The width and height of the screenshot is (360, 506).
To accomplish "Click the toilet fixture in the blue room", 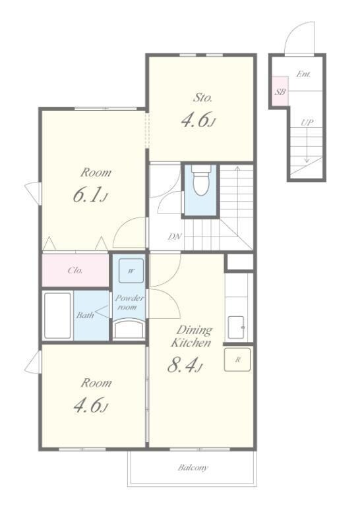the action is (201, 181).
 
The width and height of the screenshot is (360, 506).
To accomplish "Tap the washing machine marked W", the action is (131, 270).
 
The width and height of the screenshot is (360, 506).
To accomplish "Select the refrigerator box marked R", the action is (237, 360).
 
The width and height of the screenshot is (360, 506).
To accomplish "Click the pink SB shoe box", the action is (280, 91).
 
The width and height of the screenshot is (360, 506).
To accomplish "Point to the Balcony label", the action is (193, 467).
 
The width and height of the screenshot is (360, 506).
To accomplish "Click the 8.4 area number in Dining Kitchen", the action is (185, 366).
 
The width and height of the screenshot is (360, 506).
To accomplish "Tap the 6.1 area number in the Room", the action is (90, 195).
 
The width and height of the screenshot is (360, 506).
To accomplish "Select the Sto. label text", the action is (202, 98).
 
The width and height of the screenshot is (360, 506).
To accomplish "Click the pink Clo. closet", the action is (75, 270).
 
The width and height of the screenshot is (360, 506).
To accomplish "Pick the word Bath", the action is (85, 315).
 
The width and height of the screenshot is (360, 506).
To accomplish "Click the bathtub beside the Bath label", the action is (57, 316).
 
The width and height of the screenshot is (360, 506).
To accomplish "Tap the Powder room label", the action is (129, 302).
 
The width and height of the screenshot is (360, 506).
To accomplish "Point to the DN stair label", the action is (175, 237).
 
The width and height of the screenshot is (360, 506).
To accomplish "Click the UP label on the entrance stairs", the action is (307, 123).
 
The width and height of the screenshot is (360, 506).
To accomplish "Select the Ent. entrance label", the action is (303, 74).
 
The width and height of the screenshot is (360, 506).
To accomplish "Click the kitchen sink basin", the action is (236, 327).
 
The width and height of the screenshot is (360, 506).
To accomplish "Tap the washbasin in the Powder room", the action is (129, 329).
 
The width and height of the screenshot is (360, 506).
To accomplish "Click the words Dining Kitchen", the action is (191, 336).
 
